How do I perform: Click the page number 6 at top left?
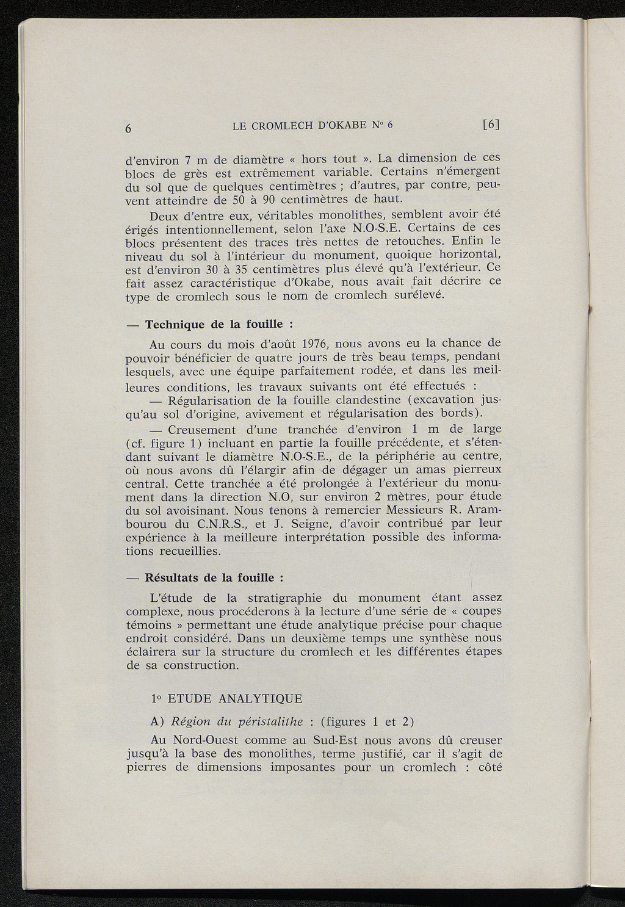tap(129, 129)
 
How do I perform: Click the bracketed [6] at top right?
tap(491, 125)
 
